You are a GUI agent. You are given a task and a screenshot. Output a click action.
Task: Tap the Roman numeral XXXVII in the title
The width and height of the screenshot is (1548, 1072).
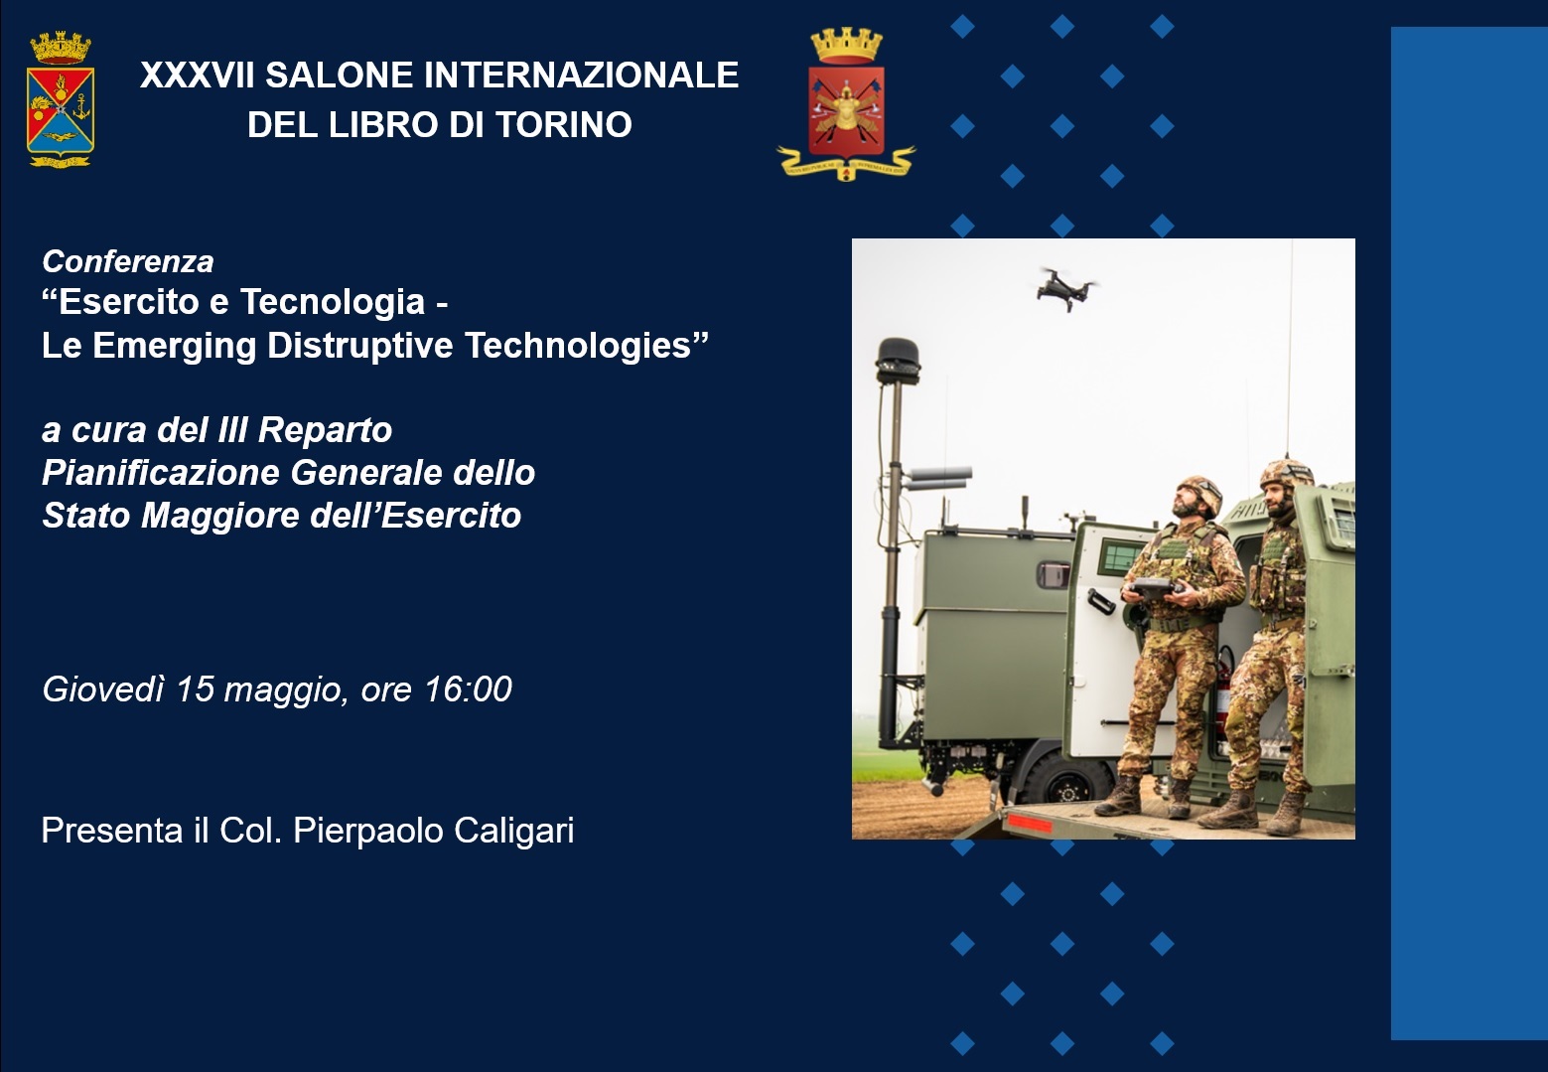pyautogui.click(x=198, y=76)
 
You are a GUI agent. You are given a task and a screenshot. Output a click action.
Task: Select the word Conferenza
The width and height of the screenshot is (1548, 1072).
pyautogui.click(x=128, y=262)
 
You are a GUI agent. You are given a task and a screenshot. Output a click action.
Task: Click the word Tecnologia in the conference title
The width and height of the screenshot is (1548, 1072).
pyautogui.click(x=333, y=302)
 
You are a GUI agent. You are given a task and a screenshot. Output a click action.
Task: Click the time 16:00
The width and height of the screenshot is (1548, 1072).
pyautogui.click(x=468, y=689)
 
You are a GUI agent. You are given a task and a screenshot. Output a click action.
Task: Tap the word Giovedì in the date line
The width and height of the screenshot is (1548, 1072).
pyautogui.click(x=103, y=689)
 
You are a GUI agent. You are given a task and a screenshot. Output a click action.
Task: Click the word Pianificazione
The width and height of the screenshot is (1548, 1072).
pyautogui.click(x=160, y=473)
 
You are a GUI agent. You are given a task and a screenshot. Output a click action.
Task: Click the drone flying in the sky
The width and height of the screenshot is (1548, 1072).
pyautogui.click(x=1065, y=288)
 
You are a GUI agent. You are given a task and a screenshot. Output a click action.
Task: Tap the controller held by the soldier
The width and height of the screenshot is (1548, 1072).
pyautogui.click(x=1151, y=588)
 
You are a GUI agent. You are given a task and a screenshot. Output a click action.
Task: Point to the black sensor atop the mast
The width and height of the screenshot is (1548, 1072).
pyautogui.click(x=899, y=361)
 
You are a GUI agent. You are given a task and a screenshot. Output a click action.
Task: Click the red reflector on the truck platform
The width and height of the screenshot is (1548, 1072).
pyautogui.click(x=1030, y=823)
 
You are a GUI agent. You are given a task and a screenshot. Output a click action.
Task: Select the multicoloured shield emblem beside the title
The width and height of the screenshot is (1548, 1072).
pyautogui.click(x=61, y=99)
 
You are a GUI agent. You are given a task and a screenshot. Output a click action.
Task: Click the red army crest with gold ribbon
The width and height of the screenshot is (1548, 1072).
pyautogui.click(x=846, y=103)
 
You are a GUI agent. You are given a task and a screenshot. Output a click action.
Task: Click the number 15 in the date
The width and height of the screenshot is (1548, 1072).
pyautogui.click(x=195, y=689)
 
